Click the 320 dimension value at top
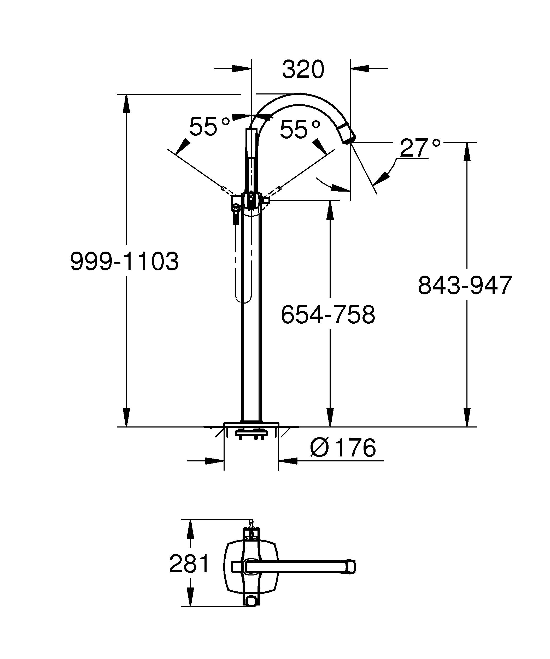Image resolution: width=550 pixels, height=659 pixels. coord(303,70)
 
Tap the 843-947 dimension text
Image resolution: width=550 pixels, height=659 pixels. coord(465,285)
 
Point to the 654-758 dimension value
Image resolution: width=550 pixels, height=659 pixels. coord(328,314)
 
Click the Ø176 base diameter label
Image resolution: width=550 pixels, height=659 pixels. coord(343,448)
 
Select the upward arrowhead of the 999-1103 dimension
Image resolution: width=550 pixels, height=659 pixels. coord(126,104)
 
